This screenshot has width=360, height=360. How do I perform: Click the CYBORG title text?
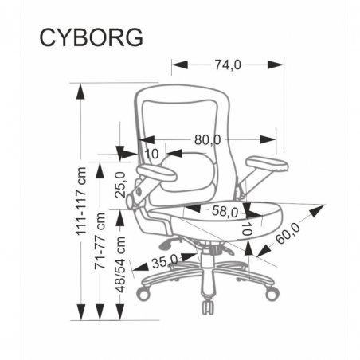point(91,37)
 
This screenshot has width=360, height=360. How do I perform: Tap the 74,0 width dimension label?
point(228,65)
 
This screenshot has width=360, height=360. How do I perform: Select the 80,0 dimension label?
point(208,139)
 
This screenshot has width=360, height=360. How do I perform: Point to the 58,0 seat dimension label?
point(225,212)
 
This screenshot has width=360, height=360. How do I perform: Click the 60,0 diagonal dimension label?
point(288,233)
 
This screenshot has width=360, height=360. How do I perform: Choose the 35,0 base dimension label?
point(165,263)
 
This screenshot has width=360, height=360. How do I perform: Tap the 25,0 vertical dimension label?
point(119,185)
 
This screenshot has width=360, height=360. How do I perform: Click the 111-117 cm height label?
point(81,202)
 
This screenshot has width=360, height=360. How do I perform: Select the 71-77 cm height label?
point(100,241)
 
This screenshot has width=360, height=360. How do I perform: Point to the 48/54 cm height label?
point(120,264)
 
